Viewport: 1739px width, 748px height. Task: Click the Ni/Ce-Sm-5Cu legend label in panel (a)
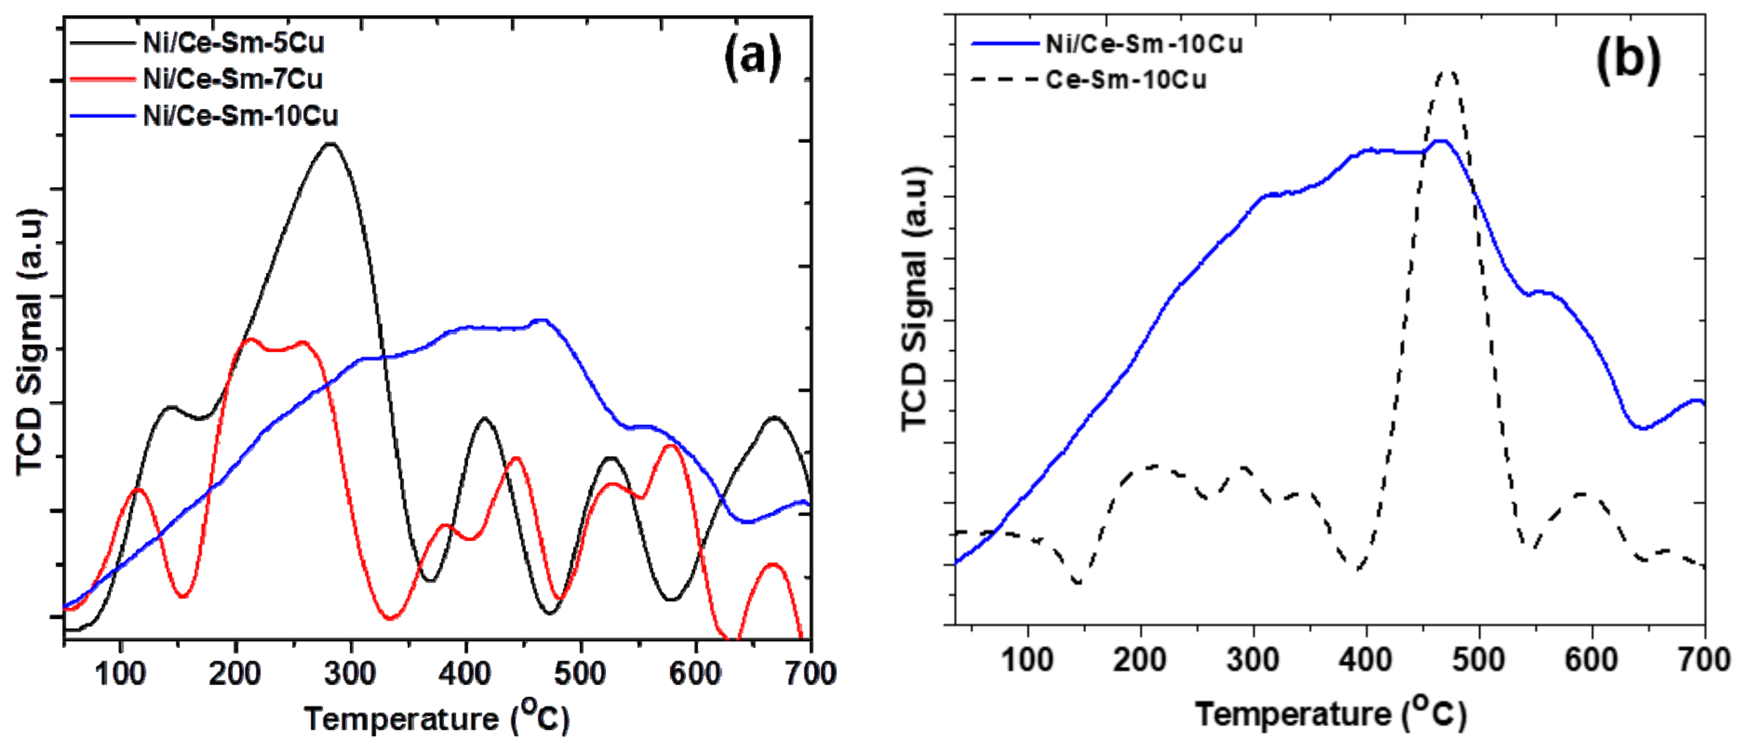coord(233,43)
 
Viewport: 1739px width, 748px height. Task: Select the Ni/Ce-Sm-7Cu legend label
coord(232,80)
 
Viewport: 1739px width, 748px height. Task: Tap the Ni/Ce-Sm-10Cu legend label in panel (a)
coord(240,116)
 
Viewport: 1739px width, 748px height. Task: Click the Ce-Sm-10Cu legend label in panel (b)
coord(1125,80)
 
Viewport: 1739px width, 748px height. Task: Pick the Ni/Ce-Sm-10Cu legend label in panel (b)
coord(1143,44)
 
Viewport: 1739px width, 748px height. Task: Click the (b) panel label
coord(1628,60)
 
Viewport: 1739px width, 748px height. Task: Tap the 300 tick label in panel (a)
coord(350,673)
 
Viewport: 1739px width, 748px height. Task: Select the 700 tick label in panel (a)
coord(810,673)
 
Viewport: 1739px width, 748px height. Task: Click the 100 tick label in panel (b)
coord(1027,659)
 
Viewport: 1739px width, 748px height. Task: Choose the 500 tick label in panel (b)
coord(1478,659)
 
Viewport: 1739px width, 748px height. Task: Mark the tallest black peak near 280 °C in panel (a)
coord(330,144)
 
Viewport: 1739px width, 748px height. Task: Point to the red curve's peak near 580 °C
coord(670,445)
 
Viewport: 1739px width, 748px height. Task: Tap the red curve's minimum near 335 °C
coord(390,618)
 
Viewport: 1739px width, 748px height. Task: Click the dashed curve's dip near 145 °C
coord(1078,582)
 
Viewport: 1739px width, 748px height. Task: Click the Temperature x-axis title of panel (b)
coord(1330,714)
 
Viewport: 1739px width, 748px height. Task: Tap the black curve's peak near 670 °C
coord(774,418)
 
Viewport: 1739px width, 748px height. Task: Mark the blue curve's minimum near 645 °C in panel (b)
coord(1641,428)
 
